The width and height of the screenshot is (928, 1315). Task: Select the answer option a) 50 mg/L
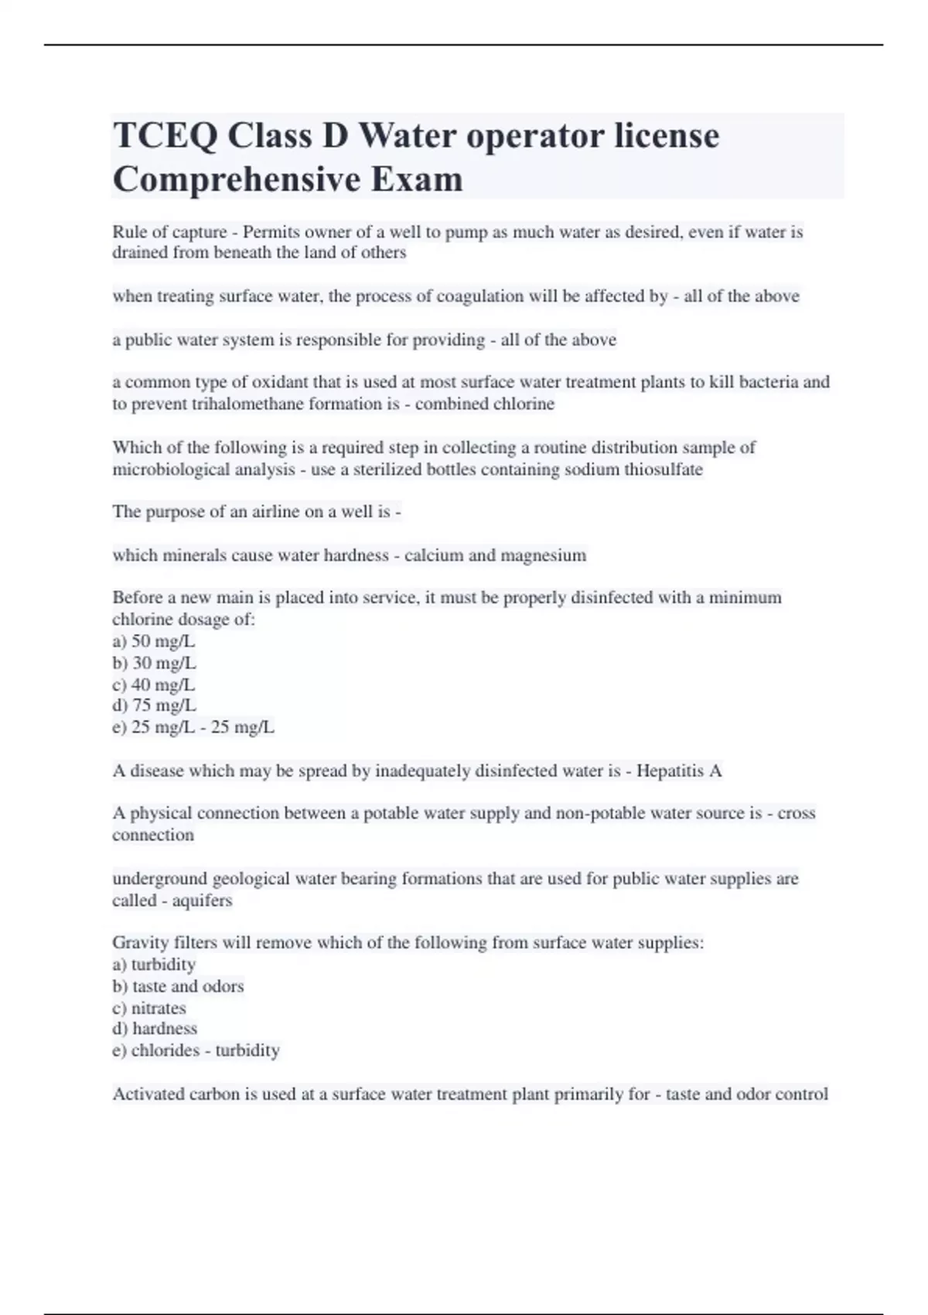click(154, 641)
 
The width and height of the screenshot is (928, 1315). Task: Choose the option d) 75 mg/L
click(154, 705)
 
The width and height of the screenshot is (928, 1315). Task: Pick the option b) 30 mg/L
click(154, 663)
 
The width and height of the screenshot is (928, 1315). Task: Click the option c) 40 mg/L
click(154, 685)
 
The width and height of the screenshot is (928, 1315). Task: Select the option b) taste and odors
click(178, 986)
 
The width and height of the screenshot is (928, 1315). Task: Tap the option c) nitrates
click(149, 1008)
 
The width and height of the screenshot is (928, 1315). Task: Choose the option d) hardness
click(155, 1029)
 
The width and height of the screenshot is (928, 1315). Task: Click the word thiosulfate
click(664, 470)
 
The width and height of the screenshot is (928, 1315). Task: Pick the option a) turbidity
click(154, 965)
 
